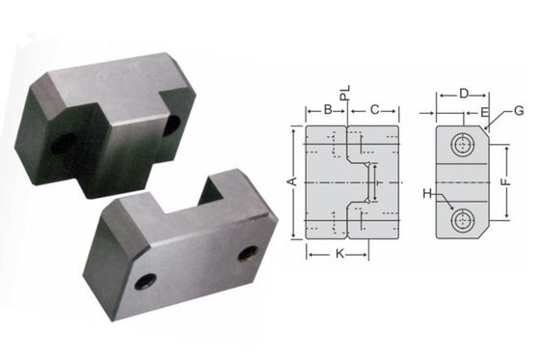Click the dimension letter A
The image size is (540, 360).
point(293,181)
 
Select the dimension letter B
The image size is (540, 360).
point(328,110)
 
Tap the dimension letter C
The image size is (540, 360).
point(374,110)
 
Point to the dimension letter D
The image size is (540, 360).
point(464,94)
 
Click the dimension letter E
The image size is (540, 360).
point(484,112)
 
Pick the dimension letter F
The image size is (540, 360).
point(506,181)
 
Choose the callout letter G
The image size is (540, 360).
point(519,111)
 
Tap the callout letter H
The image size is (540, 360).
point(427,194)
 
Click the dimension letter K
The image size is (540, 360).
point(339,254)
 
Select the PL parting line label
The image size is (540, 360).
point(345,93)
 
